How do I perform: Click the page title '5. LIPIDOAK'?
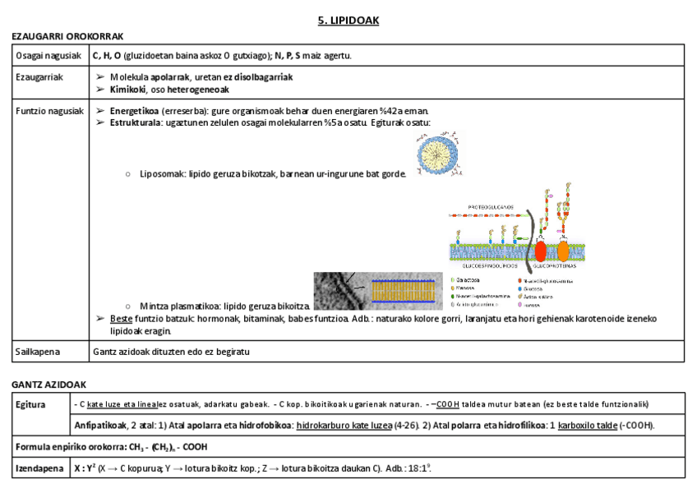348,21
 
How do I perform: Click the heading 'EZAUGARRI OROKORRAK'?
67,36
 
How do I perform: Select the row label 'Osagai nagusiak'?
47,55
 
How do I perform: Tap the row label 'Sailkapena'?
39,352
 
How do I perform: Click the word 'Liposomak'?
162,174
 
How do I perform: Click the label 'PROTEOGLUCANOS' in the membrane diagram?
490,206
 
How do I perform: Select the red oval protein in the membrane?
541,250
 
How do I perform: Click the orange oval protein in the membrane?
564,250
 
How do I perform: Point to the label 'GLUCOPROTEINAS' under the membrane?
554,267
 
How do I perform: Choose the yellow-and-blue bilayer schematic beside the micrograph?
404,290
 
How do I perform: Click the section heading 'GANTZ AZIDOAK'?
48,385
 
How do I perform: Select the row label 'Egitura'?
32,404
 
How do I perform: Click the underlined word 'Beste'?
121,319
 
